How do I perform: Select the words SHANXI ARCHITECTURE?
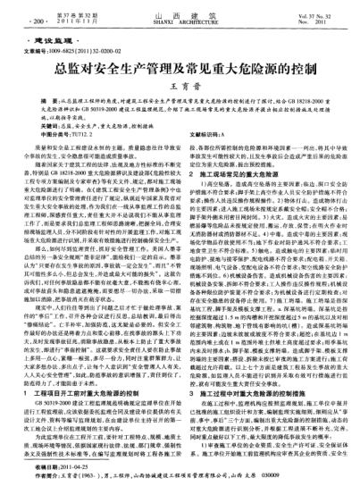pos(179,20)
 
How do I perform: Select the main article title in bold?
pos(179,67)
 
